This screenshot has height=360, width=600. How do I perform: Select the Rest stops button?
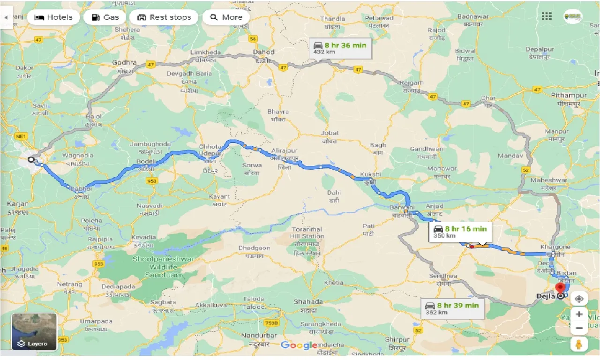tap(165, 17)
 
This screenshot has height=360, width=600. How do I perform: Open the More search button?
tap(226, 17)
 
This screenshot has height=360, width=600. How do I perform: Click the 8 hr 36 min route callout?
tap(340, 48)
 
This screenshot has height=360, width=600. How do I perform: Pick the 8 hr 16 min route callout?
tap(460, 232)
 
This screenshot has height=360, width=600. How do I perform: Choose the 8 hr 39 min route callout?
tap(452, 308)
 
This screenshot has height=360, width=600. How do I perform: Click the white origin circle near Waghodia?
tap(31, 159)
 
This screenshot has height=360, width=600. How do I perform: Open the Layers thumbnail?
tap(34, 332)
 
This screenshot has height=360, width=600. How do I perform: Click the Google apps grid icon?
tap(547, 16)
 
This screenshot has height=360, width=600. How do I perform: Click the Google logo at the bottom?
tap(299, 345)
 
